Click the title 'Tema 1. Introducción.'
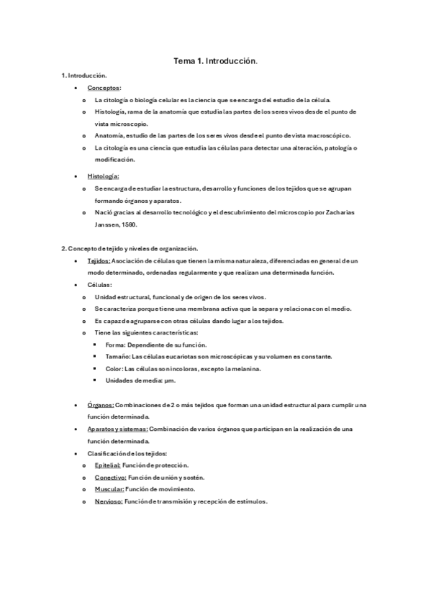[x=215, y=63]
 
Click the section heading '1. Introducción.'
[x=84, y=76]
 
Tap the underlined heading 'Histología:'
[x=103, y=176]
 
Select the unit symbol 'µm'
[x=170, y=381]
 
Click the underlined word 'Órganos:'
[x=101, y=405]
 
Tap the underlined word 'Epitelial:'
[x=108, y=465]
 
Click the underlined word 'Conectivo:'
[x=109, y=478]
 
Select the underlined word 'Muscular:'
[x=109, y=489]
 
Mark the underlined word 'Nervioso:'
[x=109, y=501]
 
